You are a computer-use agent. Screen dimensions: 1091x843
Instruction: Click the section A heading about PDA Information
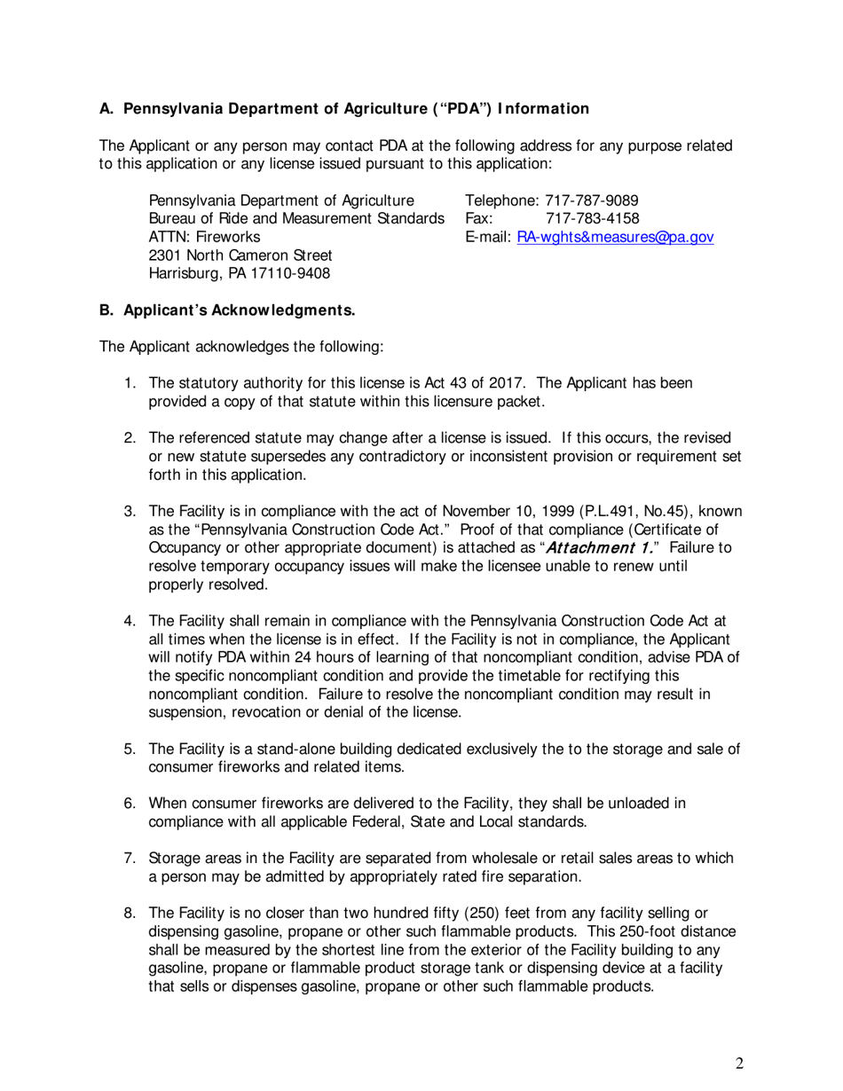(343, 109)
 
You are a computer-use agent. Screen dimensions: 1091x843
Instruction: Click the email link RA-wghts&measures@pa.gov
(615, 238)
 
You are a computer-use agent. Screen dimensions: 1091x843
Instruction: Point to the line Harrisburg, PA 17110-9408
(240, 274)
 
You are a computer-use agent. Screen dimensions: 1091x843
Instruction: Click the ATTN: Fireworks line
(204, 238)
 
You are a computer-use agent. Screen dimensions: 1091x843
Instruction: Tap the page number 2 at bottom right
(739, 1064)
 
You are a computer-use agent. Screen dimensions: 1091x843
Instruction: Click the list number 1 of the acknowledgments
(129, 383)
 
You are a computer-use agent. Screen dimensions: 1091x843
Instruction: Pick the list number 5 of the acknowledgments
(129, 750)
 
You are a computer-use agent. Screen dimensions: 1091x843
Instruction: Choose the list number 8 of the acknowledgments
(129, 914)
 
